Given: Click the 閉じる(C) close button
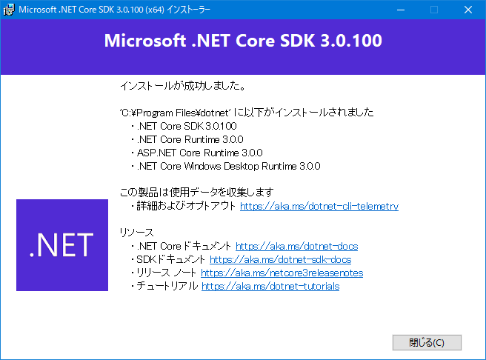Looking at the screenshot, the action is (427, 342).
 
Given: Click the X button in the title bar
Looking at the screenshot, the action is (468, 10).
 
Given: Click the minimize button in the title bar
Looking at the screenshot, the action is (401, 10).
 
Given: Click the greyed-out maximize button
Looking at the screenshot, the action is (434, 10).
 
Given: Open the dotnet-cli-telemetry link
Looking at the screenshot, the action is (319, 206).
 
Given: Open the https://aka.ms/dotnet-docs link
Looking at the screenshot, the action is (296, 246).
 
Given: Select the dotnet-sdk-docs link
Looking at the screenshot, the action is (281, 259).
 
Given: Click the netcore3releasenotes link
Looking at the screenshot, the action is (282, 273).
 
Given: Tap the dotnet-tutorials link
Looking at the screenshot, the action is (270, 286).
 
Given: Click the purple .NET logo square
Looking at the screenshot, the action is (62, 245).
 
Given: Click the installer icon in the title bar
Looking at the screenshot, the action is (9, 10).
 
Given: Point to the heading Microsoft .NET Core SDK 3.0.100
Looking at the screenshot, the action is (243, 41).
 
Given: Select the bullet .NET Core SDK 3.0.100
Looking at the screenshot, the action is (187, 126).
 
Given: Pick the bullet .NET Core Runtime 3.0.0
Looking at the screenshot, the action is (190, 139).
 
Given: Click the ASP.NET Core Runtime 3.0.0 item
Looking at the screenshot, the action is (199, 153).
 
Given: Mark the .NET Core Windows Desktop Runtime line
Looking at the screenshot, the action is (228, 166).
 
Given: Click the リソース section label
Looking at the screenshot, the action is (136, 233).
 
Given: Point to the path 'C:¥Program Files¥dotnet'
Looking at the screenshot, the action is (176, 113).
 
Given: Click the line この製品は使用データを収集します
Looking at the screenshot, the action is (196, 192).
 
